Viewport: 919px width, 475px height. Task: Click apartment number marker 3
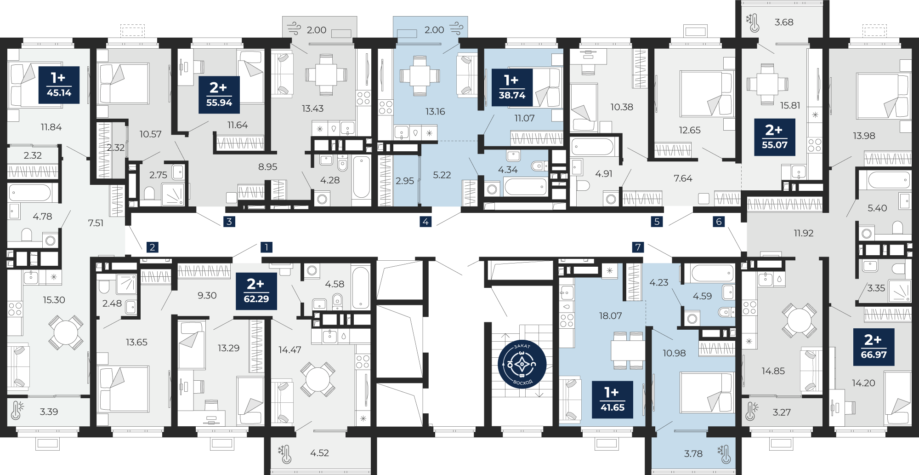tap(229, 222)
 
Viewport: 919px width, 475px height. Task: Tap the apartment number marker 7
tap(638, 247)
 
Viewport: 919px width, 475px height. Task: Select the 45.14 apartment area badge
tap(59, 85)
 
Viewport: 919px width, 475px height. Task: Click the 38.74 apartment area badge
tap(512, 88)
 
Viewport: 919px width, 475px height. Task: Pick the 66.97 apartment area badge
tap(874, 347)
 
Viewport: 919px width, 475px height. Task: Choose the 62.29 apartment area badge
tap(256, 291)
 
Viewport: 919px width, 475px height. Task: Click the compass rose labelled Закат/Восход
tap(522, 364)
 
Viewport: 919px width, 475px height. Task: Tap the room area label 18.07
tap(610, 316)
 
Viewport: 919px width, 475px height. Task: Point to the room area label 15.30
tap(54, 300)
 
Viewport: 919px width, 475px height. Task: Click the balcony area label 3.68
tap(784, 22)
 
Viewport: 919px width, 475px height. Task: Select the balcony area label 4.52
tap(319, 453)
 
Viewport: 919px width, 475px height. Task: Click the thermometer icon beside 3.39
tap(17, 410)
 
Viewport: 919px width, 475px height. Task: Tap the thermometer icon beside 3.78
tap(725, 454)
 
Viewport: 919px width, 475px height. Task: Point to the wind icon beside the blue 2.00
tap(456, 29)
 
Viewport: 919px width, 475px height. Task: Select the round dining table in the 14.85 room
tap(800, 320)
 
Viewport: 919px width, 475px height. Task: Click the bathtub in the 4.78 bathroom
tap(30, 193)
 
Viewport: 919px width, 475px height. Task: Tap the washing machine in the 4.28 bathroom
tap(322, 199)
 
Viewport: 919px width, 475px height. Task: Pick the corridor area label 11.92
tap(804, 233)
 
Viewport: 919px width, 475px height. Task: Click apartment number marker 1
tap(267, 247)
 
